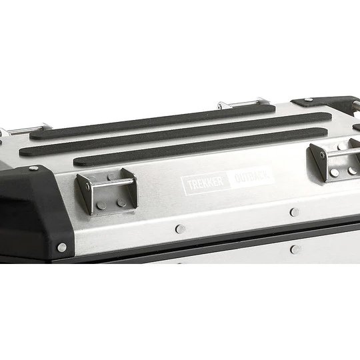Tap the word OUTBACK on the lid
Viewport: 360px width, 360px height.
coord(252,176)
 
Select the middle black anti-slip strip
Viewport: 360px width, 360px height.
coord(175,134)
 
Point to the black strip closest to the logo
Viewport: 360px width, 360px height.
coord(200,147)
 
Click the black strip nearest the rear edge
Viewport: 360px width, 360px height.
coord(153,122)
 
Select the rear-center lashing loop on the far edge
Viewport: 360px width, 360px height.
coord(243,103)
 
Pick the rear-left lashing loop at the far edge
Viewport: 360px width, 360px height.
coord(26,129)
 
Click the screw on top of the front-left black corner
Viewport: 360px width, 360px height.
coord(34,168)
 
